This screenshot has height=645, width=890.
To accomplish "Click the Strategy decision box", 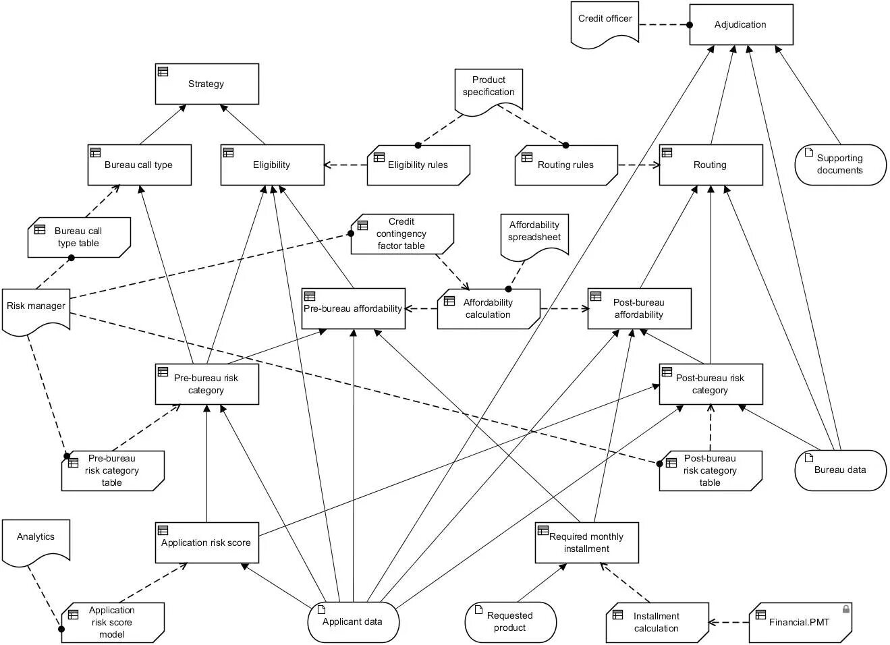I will click(x=206, y=84).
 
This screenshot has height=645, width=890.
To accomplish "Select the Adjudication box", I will click(x=740, y=25).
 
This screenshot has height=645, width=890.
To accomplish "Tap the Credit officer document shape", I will click(x=605, y=23).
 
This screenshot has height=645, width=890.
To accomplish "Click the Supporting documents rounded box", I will click(x=840, y=165).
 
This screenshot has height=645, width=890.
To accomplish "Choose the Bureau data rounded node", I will click(x=840, y=470).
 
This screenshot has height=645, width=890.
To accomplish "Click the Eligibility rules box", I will click(x=418, y=165).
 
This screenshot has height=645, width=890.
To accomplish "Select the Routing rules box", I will click(x=565, y=165).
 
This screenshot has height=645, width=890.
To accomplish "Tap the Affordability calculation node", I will click(x=488, y=309).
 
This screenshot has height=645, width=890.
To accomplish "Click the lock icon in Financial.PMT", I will click(x=845, y=609).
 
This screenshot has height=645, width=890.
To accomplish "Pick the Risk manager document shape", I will click(x=36, y=308).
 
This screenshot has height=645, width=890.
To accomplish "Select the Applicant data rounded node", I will click(x=353, y=622).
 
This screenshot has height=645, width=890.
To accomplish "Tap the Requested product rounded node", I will click(x=510, y=622).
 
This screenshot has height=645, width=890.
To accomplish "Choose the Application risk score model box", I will click(x=112, y=622).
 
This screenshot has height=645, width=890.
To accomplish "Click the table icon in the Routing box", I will click(x=667, y=152).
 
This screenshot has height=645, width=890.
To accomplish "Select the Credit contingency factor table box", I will click(x=401, y=234).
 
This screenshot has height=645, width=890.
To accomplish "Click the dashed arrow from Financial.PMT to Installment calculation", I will click(x=729, y=623).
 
